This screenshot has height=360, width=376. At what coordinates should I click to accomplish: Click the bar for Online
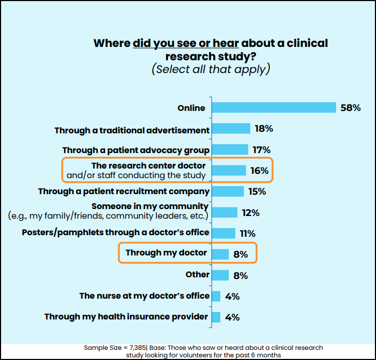(x=274, y=108)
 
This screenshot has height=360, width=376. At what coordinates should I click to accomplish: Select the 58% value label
(x=350, y=108)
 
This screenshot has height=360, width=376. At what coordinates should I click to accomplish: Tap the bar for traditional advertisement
(x=231, y=129)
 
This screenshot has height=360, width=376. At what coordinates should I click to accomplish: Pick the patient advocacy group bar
(x=230, y=150)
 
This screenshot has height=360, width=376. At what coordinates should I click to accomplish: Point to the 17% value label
(x=261, y=150)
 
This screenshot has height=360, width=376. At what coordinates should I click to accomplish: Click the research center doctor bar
(x=229, y=171)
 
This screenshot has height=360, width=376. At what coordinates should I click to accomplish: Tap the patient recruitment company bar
(x=228, y=191)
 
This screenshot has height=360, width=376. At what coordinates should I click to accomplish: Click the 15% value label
(x=257, y=191)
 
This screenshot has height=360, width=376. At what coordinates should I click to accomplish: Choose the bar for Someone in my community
(x=225, y=212)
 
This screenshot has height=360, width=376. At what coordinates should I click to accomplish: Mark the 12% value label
(x=250, y=213)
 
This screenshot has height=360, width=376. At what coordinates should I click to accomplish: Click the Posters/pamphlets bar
(x=223, y=233)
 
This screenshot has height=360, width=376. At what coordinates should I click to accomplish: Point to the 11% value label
(x=248, y=234)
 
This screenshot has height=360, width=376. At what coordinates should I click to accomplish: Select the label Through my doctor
(x=166, y=253)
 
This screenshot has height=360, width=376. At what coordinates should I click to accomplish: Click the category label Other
(x=197, y=275)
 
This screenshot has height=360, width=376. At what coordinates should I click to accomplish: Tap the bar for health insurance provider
(x=216, y=317)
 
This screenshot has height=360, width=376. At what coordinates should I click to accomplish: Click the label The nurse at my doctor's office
(x=145, y=295)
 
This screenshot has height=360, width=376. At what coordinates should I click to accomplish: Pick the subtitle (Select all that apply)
(x=211, y=69)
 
